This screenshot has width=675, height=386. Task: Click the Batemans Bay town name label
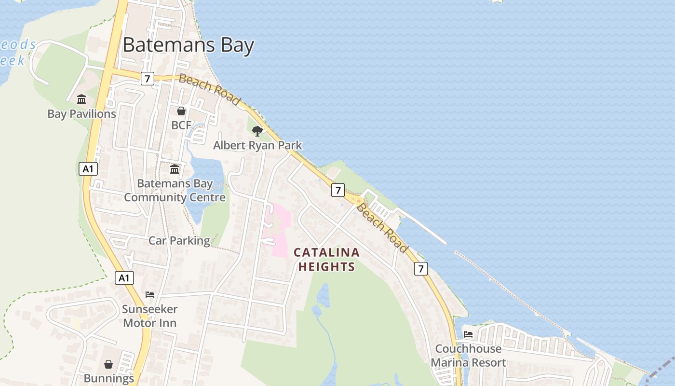point(188,45)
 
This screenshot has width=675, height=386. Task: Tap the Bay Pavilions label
point(81,114)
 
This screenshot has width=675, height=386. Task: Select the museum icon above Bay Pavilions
point(81,99)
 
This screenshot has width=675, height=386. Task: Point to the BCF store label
point(181,125)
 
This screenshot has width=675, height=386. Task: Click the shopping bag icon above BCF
point(181,111)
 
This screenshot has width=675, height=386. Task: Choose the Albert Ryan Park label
point(257,145)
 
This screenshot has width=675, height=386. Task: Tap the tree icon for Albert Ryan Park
point(257,131)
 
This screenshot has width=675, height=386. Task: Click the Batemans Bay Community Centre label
point(175,191)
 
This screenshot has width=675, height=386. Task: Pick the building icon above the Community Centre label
point(175,169)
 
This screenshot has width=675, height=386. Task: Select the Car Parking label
point(179,240)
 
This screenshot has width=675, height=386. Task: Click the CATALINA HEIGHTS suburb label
point(327,259)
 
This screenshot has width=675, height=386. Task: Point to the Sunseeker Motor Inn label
point(149,316)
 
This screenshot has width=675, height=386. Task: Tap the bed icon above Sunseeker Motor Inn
point(150,295)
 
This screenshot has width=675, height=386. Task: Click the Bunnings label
point(109,378)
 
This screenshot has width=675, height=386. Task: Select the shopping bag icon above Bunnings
point(108,364)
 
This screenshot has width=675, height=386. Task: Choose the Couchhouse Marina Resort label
point(468,356)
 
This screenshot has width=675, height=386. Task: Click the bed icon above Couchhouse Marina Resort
point(468,334)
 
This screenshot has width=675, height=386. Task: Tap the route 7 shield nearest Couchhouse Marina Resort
point(421,269)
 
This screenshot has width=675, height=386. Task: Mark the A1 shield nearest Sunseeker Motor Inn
point(124,278)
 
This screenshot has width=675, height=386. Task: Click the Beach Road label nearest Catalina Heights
point(382,228)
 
